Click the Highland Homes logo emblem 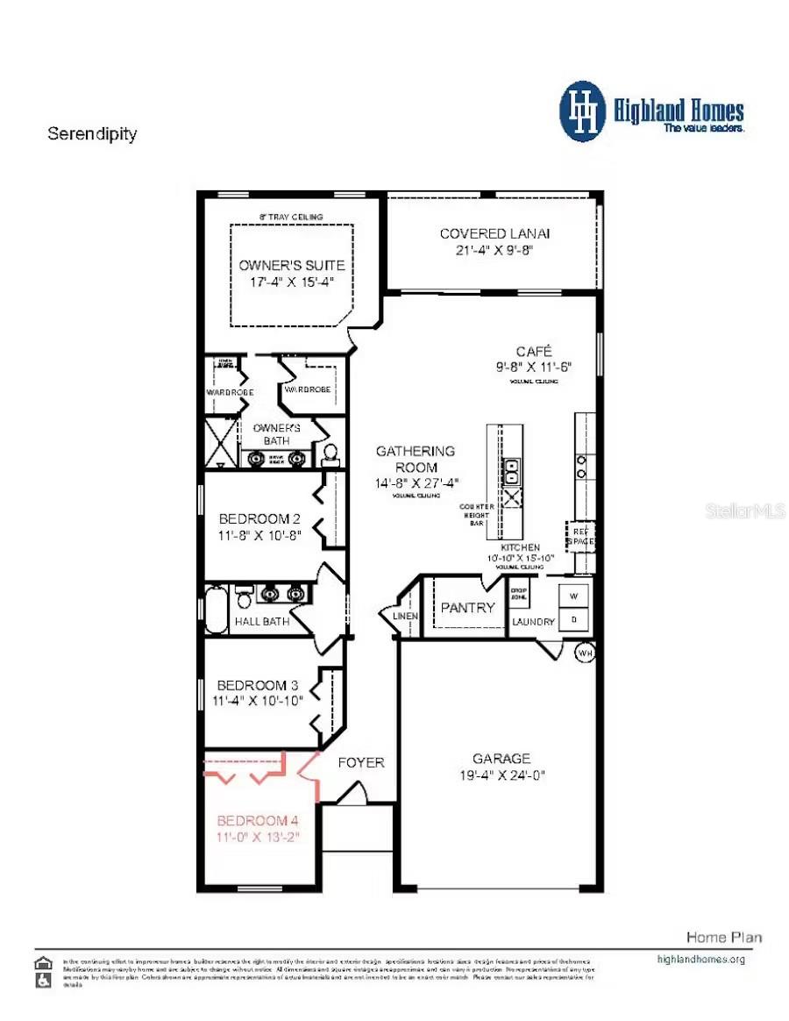coord(583,111)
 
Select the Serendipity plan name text coord(92,134)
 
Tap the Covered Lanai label coord(494,233)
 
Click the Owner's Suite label coord(292,265)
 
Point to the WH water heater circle coord(585,653)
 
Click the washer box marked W coord(575,595)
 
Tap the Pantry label coord(467,607)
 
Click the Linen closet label coord(406,616)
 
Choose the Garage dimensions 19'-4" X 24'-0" coord(501,775)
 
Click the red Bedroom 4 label coord(258,821)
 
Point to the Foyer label coord(361,762)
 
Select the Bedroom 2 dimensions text coord(259,535)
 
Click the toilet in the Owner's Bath coord(331,453)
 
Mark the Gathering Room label coord(416,459)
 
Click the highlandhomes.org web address coord(700,959)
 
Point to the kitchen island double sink coord(510,471)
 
